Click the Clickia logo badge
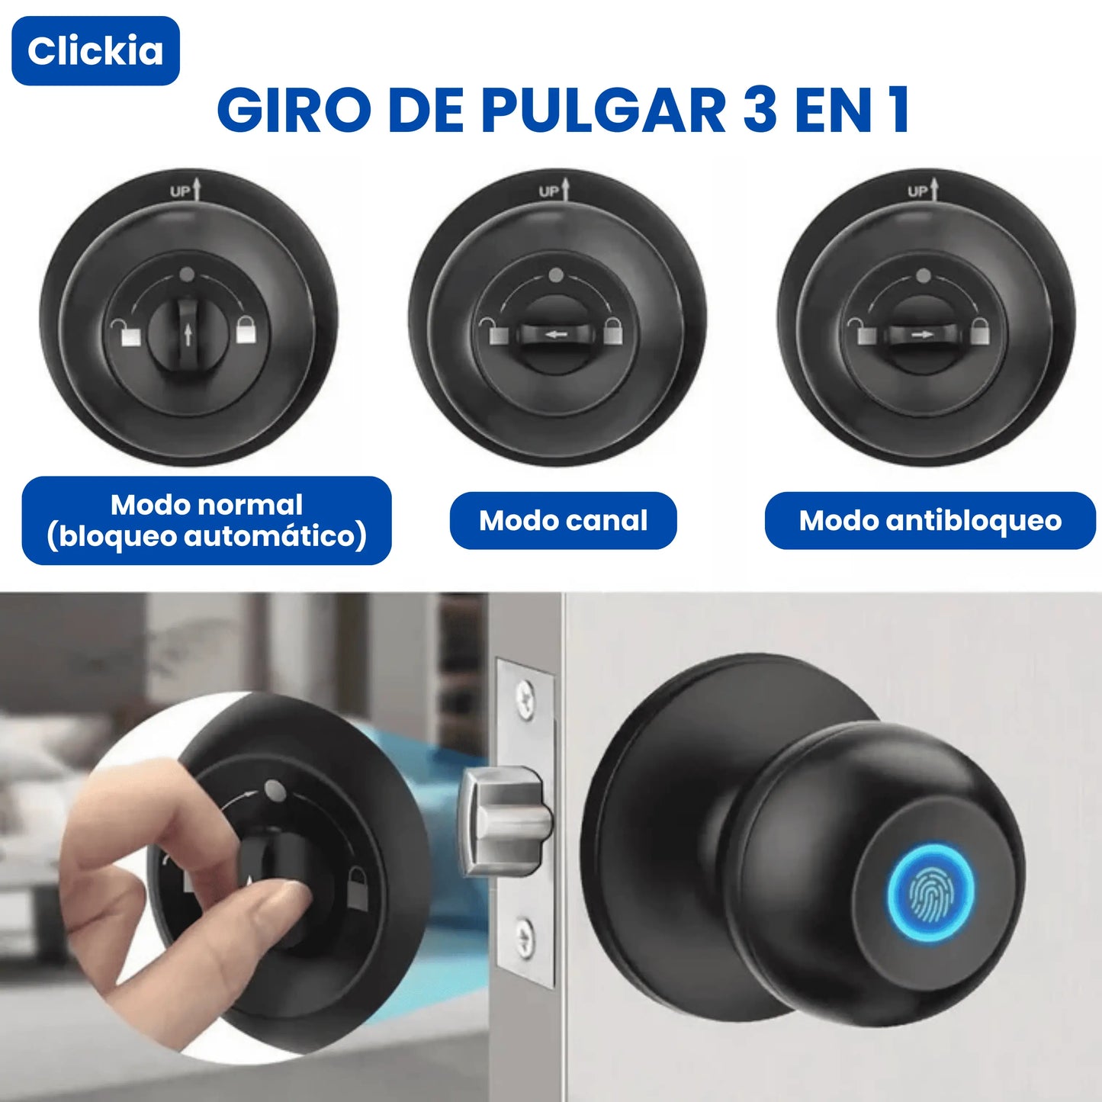click(x=95, y=50)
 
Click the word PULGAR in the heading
click(x=602, y=111)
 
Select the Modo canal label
click(x=563, y=520)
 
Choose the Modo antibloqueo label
click(x=930, y=520)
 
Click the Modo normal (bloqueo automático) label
click(x=207, y=520)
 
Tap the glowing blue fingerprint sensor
click(x=931, y=888)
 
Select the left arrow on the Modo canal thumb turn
click(x=554, y=333)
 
